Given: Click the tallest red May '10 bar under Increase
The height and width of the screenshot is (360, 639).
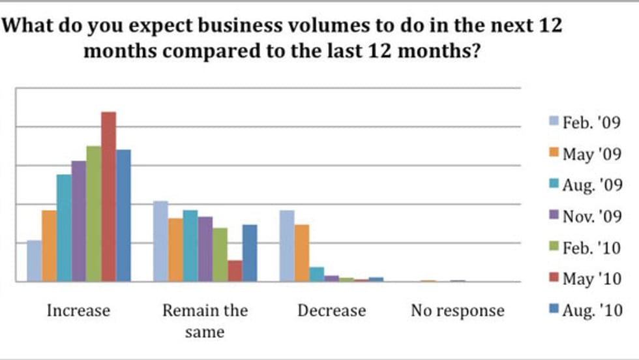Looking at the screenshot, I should pos(108,196).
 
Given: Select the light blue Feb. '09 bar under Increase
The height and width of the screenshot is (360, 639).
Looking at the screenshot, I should pos(34,261).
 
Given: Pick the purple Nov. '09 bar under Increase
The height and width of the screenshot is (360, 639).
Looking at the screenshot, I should pos(79,221).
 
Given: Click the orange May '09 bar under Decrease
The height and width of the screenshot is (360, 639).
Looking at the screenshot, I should pos(301,253).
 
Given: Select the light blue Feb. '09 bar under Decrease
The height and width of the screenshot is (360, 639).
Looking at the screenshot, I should pos(287,246).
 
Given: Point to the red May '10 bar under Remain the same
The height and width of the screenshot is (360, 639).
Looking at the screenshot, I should pos(235,271).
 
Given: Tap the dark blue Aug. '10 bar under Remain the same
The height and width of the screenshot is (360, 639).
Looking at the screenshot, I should pos(250,253).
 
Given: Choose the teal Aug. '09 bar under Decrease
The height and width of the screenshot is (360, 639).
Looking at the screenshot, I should pos(316,274).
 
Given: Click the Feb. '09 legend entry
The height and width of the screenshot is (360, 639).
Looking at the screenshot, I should pos(584,123).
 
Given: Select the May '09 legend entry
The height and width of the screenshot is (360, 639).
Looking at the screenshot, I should pos(584,155).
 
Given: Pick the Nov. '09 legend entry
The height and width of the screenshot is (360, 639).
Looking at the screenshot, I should pos(584,217).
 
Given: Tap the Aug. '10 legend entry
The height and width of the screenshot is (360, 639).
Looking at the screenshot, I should pos(584,310).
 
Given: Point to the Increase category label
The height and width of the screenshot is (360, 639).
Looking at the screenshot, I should pos(78,310).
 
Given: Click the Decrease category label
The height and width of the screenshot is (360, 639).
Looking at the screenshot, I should pos(331,310).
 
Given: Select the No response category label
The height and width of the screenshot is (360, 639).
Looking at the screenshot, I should pos(457,310).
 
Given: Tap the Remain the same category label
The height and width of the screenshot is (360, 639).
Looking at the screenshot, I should pos(205,320).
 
